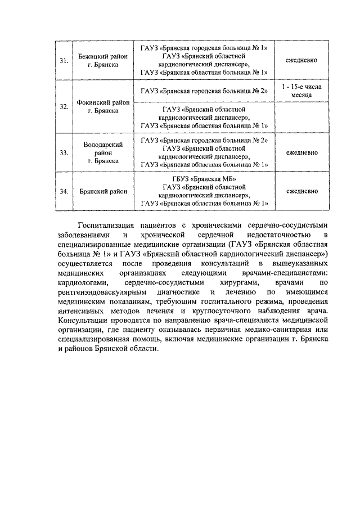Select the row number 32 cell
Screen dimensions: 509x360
click(x=64, y=107)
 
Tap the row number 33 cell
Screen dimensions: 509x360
click(x=64, y=152)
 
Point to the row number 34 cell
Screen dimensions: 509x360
click(x=64, y=191)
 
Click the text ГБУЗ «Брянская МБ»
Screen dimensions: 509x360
click(x=204, y=179)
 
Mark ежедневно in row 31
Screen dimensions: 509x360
click(x=302, y=61)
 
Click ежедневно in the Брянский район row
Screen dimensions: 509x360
click(x=302, y=191)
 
